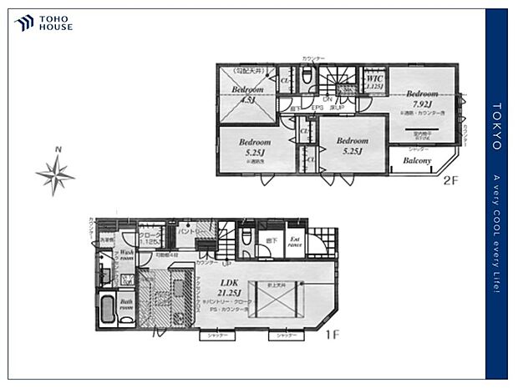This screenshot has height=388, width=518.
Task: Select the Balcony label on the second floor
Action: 417,161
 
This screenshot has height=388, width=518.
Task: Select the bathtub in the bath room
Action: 107,310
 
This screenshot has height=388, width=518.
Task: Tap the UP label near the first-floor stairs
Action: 226,263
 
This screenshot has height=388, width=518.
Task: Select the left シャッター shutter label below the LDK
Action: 215,336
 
